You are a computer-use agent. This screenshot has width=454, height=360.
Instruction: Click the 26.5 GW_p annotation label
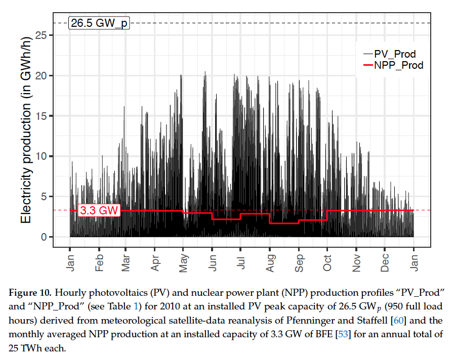[99, 23]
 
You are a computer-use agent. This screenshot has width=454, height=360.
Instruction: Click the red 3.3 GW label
[99, 210]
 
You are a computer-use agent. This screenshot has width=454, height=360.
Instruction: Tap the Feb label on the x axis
[99, 261]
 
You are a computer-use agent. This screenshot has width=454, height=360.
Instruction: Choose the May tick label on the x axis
[184, 261]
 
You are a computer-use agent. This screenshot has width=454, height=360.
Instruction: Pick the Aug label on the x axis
[270, 261]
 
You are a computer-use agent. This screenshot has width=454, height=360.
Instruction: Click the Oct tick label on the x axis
[327, 261]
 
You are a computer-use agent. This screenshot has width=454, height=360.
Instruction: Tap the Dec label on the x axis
[385, 261]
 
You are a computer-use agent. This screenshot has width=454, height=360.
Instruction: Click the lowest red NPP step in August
[284, 223]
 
